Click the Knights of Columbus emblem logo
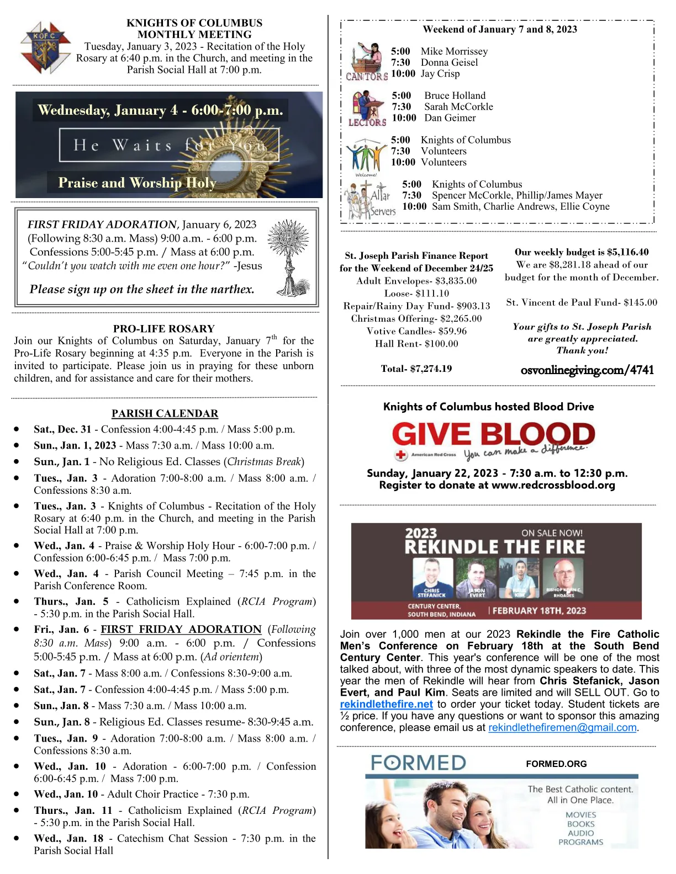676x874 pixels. [x=44, y=48]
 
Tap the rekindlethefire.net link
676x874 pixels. [x=386, y=704]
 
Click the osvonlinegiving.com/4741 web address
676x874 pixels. [x=587, y=370]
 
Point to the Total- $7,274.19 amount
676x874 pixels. [x=416, y=369]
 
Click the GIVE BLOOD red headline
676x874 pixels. [x=493, y=435]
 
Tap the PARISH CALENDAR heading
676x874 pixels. [x=165, y=413]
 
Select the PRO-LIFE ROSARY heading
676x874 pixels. [x=164, y=328]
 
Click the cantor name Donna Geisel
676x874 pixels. [x=449, y=62]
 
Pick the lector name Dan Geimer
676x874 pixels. [x=450, y=118]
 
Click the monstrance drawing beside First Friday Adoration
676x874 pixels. [x=288, y=257]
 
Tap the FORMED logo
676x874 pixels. [x=418, y=763]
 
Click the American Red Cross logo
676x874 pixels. [x=425, y=455]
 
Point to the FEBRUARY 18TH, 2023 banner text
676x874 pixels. [x=539, y=611]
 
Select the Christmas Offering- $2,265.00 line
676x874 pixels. [x=416, y=318]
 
